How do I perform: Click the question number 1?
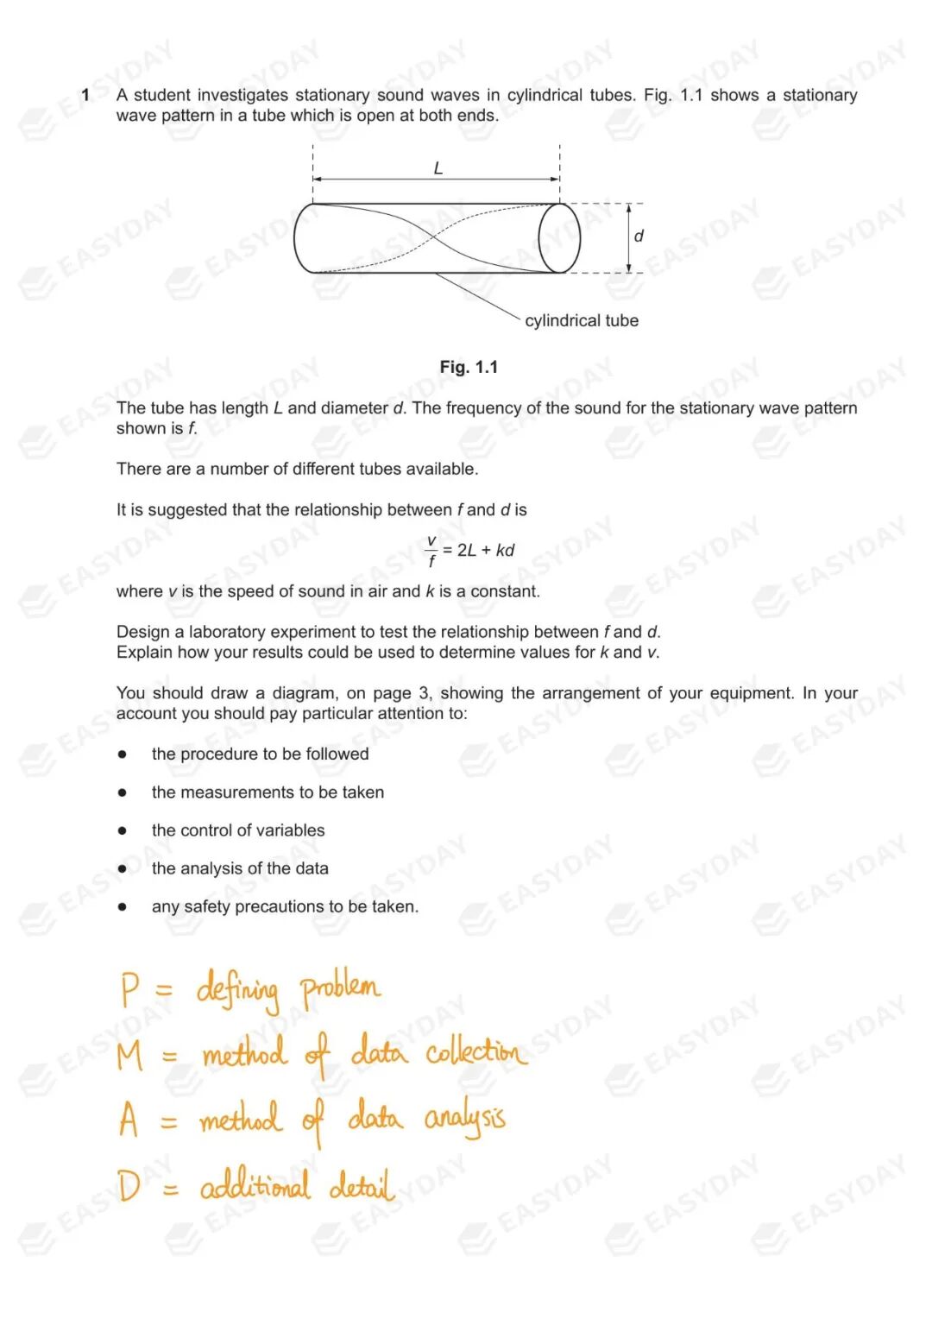click(x=85, y=95)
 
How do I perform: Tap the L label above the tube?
click(x=438, y=168)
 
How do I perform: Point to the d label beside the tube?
click(x=639, y=236)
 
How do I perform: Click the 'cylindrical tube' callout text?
click(x=582, y=320)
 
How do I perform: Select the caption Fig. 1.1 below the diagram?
click(x=469, y=367)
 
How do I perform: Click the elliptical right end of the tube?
click(x=559, y=238)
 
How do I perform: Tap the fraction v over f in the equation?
click(x=431, y=551)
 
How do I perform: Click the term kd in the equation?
click(x=505, y=551)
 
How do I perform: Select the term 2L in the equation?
click(x=467, y=551)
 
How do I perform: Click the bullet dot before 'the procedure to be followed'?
click(x=123, y=754)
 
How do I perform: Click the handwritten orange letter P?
click(x=129, y=989)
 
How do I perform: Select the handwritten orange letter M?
click(x=129, y=1055)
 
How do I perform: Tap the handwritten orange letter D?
click(x=129, y=1185)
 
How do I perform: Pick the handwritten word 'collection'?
click(x=475, y=1052)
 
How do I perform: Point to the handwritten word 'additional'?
click(x=255, y=1186)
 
